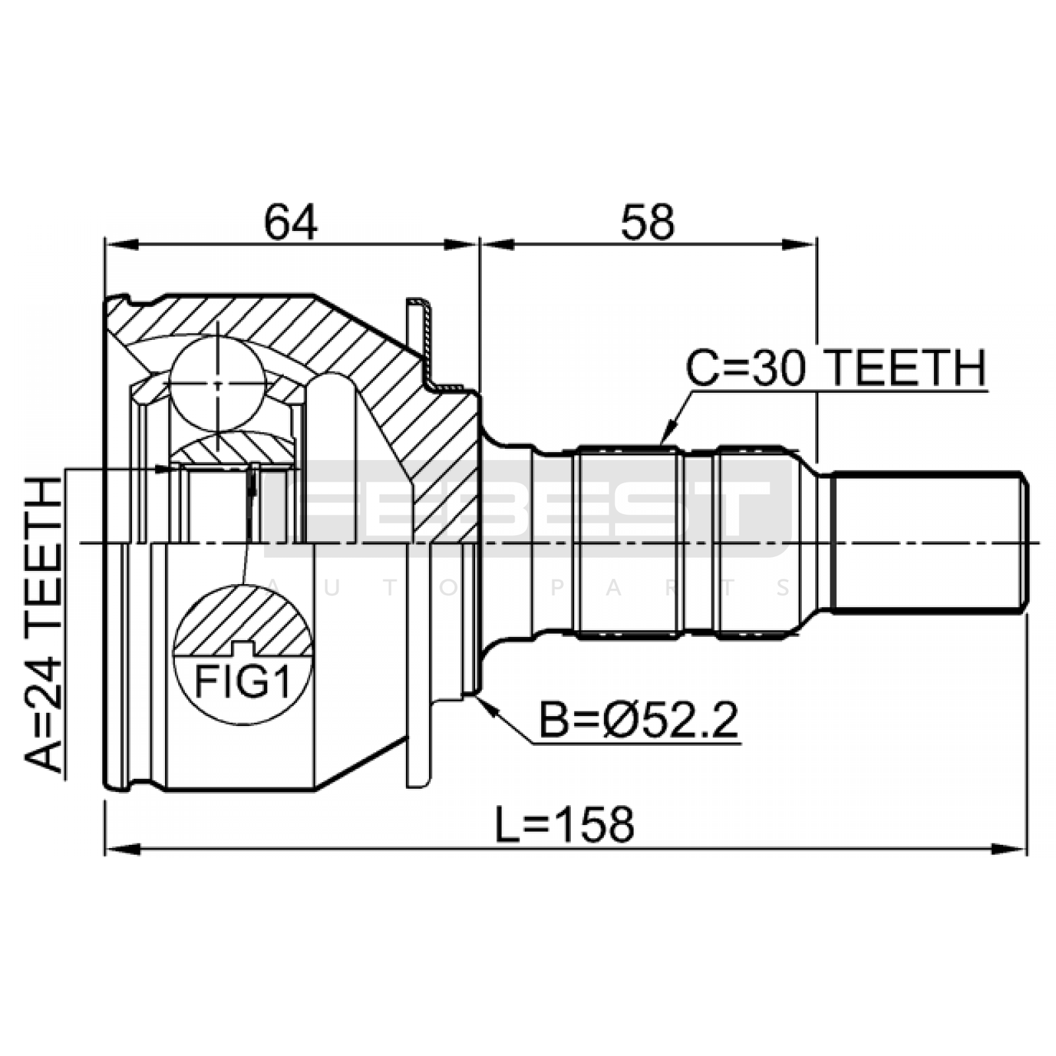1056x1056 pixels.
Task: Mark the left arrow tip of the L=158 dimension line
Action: pos(106,847)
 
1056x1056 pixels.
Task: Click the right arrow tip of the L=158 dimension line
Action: pos(1027,847)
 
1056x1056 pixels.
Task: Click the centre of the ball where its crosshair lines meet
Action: pos(218,383)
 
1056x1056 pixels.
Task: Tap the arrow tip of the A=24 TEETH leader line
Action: pos(173,469)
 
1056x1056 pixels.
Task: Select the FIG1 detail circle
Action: pos(242,655)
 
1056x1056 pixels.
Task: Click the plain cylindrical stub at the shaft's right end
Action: pos(928,543)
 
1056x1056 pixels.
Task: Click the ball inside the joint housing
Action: pos(218,383)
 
